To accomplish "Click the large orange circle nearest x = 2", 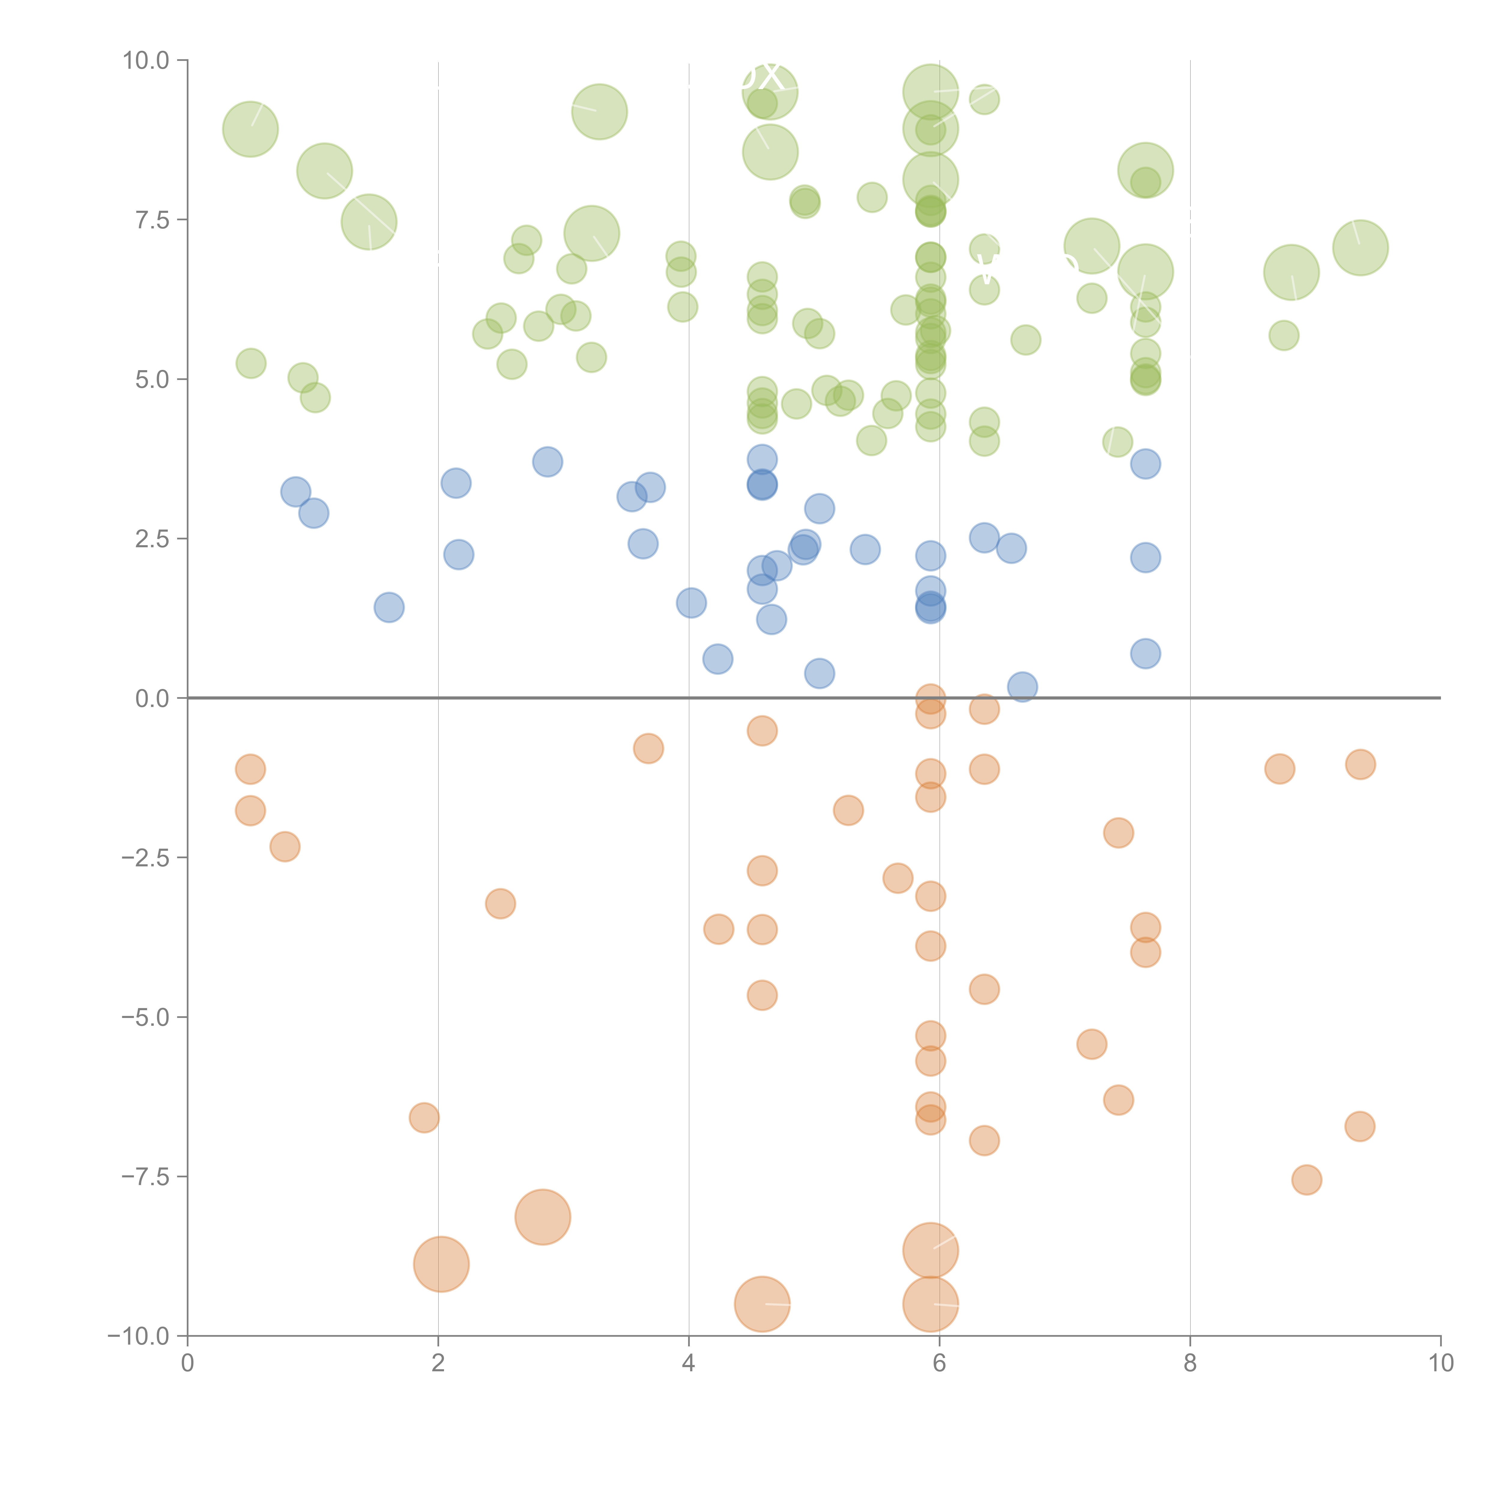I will [441, 1264].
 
